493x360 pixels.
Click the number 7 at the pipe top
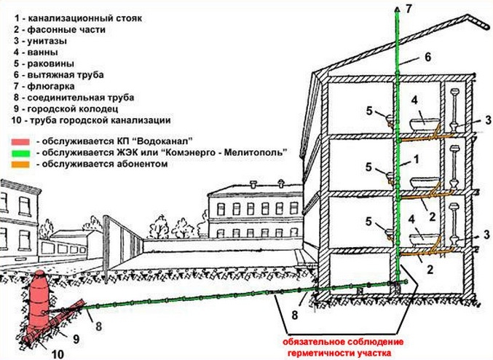[x=409, y=9]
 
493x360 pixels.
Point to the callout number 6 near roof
[x=427, y=57]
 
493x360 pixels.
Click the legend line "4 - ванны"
[x=37, y=52]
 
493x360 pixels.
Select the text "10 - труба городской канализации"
[x=90, y=119]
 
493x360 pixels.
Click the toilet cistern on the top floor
[x=457, y=94]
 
